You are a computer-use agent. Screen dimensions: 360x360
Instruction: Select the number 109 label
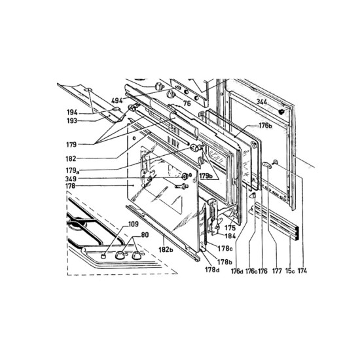click(134, 225)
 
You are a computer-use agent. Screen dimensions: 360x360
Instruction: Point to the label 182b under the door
click(164, 250)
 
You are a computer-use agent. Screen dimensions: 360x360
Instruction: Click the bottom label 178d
click(211, 270)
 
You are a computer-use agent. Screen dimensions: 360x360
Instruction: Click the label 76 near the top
click(187, 103)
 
